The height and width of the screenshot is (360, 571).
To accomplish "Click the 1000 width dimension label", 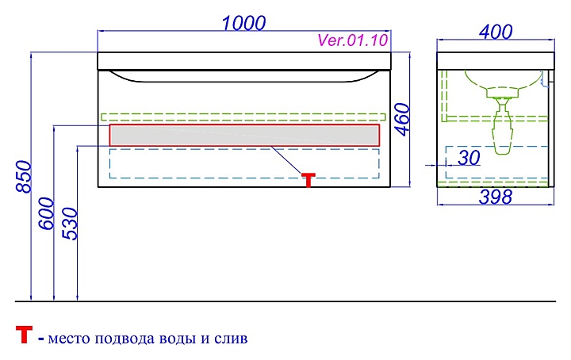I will coord(243,23).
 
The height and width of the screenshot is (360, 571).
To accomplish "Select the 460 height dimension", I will coord(402,119).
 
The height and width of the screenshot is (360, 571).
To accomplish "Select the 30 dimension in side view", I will coord(469,158).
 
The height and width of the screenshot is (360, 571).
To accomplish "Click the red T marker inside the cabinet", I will coord(308,179).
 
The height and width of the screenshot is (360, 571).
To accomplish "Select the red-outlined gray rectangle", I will coord(244,135).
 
